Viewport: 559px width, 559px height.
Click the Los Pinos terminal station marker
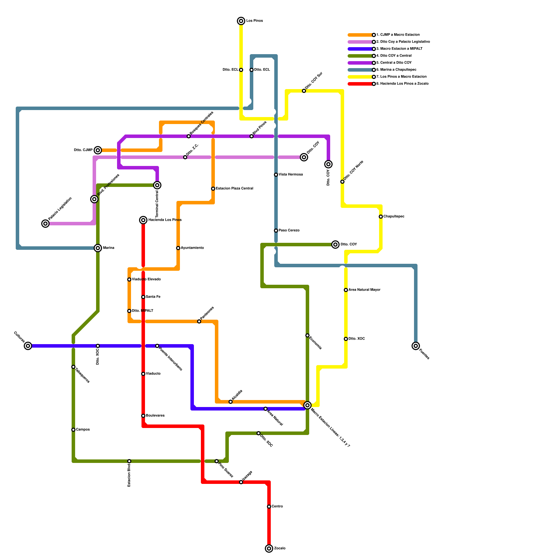coord(241,21)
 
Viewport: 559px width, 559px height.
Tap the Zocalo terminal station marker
coord(269,549)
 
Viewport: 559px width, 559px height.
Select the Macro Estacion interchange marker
coord(307,405)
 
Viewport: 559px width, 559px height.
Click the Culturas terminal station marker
coord(28,346)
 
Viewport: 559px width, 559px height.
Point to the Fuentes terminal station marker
coord(416,346)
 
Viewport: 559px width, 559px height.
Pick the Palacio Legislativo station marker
coord(45,224)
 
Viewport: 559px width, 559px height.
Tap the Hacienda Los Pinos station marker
coord(143,220)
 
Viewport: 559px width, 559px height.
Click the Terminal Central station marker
coord(158,185)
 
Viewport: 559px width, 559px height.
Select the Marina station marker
coord(98,248)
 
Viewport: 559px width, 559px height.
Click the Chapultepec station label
coord(394,217)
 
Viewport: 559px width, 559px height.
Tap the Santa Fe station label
coord(153,297)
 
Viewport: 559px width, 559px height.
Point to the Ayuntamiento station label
coord(192,248)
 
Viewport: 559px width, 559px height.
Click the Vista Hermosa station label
coord(291,175)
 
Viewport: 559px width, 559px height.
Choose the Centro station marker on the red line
coord(269,507)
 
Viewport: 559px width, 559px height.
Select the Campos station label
coord(83,430)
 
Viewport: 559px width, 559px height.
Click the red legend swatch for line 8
coord(360,84)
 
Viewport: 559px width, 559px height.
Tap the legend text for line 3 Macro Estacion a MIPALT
coord(399,49)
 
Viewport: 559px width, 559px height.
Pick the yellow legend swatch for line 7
coord(360,77)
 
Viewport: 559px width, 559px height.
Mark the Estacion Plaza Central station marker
coord(213,189)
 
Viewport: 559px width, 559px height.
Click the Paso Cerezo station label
coord(289,231)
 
